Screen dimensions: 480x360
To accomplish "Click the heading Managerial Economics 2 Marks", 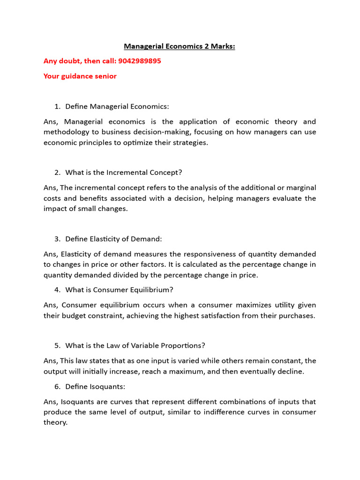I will point(180,46).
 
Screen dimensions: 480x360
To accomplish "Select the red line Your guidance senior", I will point(80,76).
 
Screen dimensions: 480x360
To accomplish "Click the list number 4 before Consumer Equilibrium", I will point(57,290).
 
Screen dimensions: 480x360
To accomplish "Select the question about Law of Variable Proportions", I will point(135,345).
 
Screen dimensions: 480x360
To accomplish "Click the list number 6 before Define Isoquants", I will point(57,386).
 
